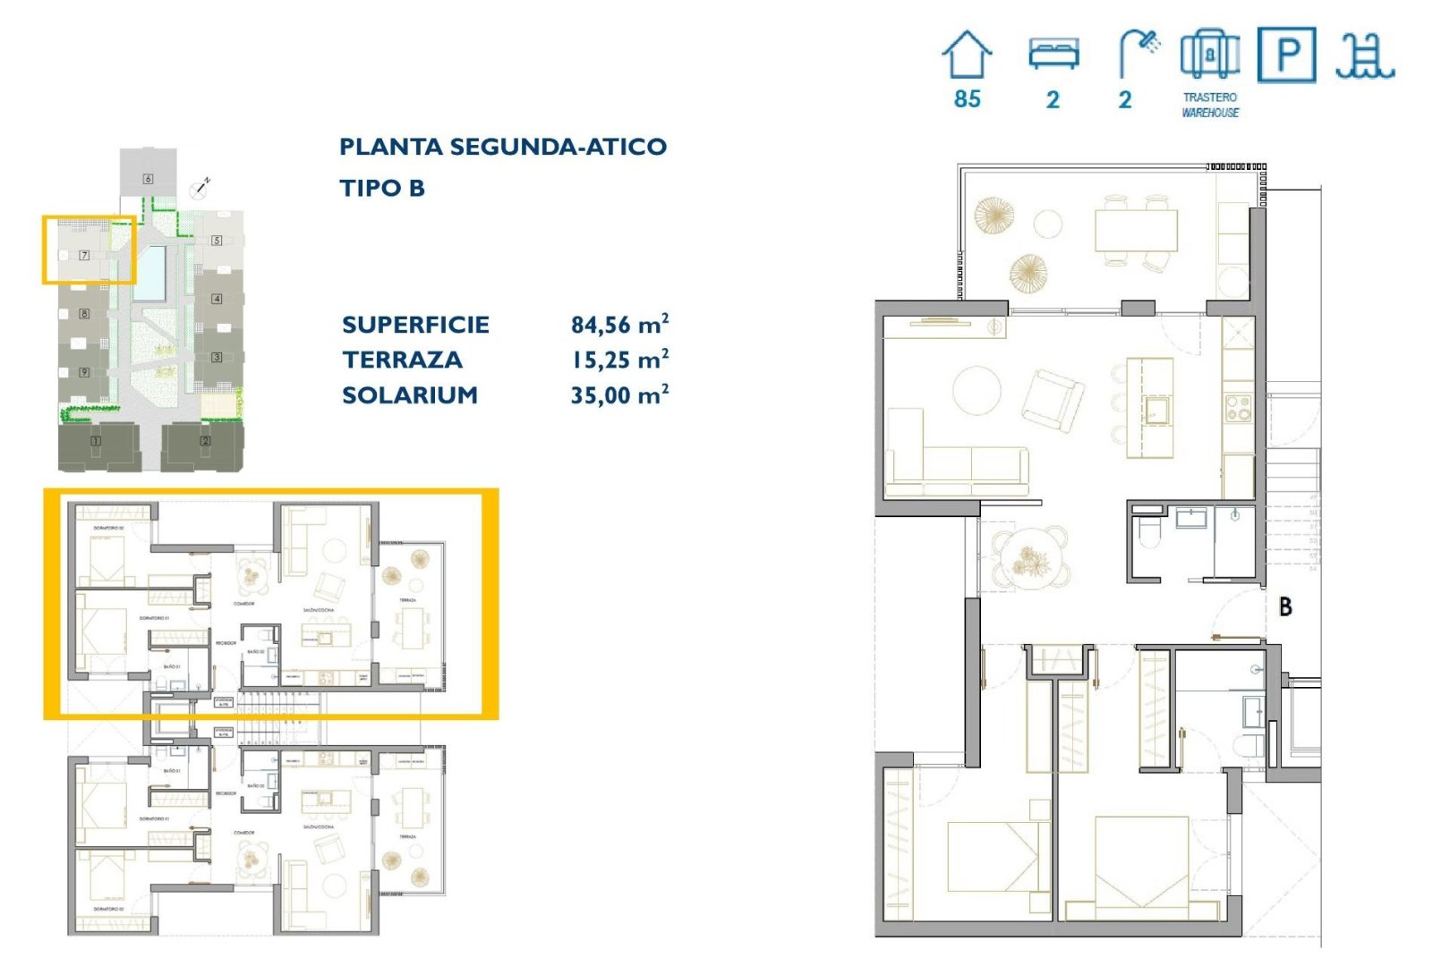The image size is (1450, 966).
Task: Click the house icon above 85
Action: tap(967, 55)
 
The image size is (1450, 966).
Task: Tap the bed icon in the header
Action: tap(1053, 54)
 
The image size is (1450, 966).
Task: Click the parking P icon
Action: tap(1286, 55)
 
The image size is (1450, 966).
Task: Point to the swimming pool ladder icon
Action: tap(1364, 55)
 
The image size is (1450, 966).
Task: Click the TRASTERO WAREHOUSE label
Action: tap(1210, 105)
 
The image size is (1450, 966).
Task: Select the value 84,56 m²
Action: tap(619, 325)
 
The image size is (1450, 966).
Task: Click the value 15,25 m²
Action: tap(619, 360)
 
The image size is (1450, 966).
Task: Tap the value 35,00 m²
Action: tap(619, 394)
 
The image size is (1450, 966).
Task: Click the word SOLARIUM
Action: tap(410, 394)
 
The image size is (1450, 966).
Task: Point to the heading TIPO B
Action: tap(382, 189)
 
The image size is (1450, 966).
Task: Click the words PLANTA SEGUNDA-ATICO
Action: tap(502, 147)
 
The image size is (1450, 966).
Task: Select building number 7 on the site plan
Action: tap(84, 255)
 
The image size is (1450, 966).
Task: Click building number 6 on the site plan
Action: tap(149, 179)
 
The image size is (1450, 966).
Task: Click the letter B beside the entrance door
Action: tap(1285, 606)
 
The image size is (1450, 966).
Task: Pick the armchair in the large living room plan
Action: tap(1053, 401)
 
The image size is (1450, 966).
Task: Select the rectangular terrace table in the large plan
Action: tap(1136, 231)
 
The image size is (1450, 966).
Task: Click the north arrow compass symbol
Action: tap(200, 189)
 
